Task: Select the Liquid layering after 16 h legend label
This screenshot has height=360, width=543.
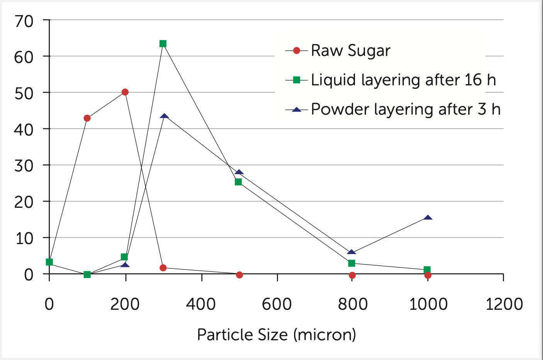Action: (x=403, y=80)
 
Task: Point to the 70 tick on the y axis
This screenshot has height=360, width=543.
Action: (x=24, y=21)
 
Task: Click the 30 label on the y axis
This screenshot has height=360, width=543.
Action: (x=24, y=166)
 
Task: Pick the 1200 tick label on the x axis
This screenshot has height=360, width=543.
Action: (x=504, y=304)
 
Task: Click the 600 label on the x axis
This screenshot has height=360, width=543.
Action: (x=277, y=304)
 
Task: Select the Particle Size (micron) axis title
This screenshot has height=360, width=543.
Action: (x=277, y=335)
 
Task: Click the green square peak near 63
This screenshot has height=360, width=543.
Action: (x=163, y=44)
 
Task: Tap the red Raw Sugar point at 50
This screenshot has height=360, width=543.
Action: (x=125, y=92)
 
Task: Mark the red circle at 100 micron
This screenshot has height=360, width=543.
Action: (x=87, y=118)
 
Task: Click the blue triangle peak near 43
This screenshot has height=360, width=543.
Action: (x=165, y=116)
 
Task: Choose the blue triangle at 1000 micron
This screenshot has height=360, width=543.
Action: (x=428, y=217)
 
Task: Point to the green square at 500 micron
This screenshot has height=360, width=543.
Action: (x=238, y=182)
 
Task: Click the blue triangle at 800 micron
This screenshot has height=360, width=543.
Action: (x=351, y=252)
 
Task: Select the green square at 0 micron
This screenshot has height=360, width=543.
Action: (x=49, y=262)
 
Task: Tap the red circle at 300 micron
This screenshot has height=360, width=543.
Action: (x=163, y=268)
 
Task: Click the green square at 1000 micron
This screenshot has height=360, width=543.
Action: (x=427, y=270)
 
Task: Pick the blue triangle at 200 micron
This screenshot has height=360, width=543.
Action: (x=125, y=265)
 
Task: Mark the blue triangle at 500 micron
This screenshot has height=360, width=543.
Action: (x=239, y=172)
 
